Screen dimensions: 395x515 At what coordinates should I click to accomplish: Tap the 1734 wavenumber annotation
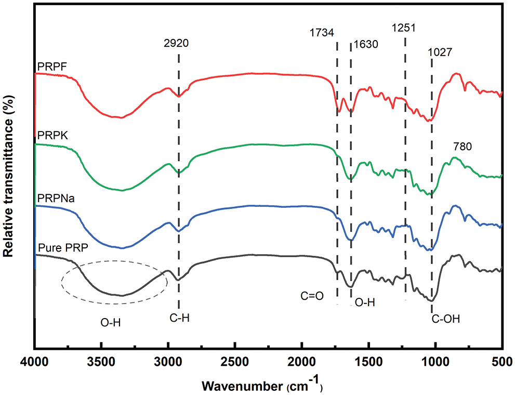(x=322, y=33)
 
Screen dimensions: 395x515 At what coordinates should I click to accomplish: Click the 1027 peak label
(x=440, y=52)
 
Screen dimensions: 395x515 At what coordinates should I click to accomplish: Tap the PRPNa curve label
(x=52, y=200)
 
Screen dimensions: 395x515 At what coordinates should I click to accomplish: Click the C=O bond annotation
(x=312, y=296)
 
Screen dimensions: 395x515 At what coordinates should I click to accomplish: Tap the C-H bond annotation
(x=179, y=318)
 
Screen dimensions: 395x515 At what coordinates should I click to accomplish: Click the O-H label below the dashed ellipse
(x=111, y=323)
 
